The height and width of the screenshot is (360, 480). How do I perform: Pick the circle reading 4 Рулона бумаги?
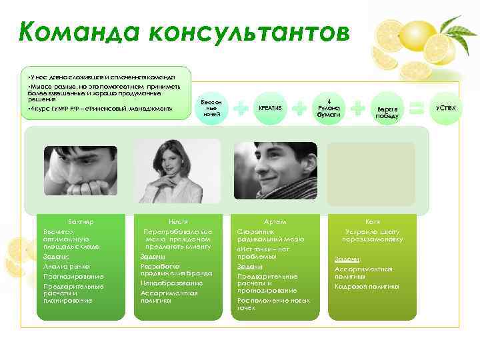[329, 107]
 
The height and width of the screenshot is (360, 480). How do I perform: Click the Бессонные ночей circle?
[212, 108]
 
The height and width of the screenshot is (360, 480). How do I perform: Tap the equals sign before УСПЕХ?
[417, 107]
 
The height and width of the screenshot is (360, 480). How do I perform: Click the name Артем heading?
[274, 220]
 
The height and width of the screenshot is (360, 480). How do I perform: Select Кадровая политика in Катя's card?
[366, 286]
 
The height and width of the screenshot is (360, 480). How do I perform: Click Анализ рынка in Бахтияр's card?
[61, 266]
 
